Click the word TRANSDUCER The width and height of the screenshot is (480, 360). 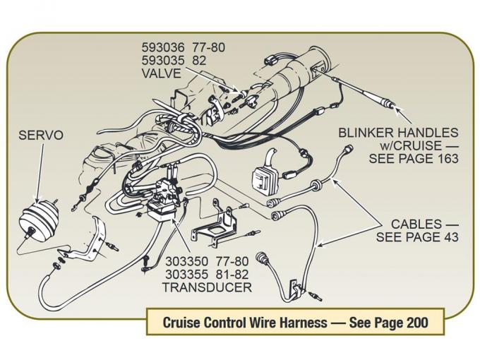[206, 287]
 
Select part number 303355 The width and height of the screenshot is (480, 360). [186, 274]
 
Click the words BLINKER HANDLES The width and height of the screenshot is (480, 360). [398, 132]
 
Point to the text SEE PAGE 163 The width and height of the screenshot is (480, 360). [414, 159]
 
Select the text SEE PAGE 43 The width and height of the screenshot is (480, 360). [417, 237]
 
